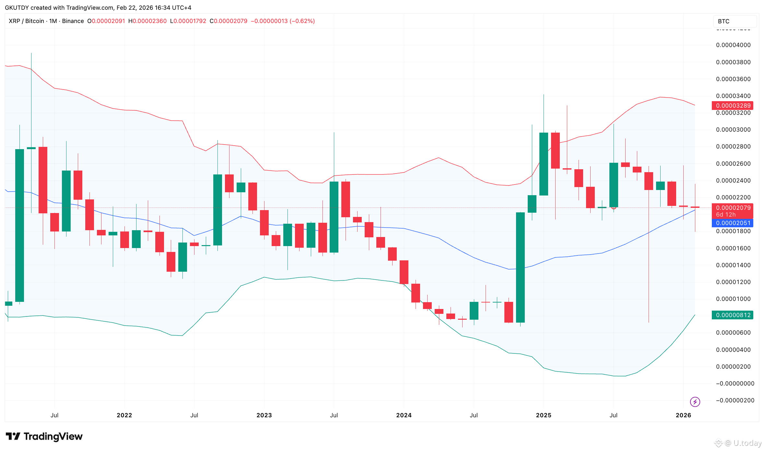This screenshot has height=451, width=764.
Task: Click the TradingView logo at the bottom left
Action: (x=44, y=436)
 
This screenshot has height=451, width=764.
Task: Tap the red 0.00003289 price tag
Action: (x=733, y=106)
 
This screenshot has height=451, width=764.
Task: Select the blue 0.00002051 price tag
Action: (x=733, y=223)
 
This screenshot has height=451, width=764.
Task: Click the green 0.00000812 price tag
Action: (x=733, y=315)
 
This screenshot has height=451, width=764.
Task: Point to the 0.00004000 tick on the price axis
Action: (x=733, y=45)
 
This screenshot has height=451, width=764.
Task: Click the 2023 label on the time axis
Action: (x=264, y=415)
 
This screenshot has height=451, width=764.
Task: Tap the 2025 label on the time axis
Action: (x=544, y=415)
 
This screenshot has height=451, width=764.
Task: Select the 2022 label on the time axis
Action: (x=124, y=415)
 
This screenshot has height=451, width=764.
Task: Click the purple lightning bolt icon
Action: (x=695, y=402)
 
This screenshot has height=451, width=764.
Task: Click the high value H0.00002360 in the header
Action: (x=147, y=21)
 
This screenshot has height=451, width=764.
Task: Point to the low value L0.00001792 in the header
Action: (x=188, y=21)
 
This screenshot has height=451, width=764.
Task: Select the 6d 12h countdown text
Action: (x=726, y=215)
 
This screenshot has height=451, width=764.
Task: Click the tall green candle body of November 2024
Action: (x=520, y=267)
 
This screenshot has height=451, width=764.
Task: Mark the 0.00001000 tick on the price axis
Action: (x=733, y=299)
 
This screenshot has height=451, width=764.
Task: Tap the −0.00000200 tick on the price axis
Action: (x=735, y=400)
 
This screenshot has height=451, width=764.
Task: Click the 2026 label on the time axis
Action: (x=683, y=415)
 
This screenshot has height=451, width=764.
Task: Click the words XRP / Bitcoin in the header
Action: (x=26, y=21)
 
